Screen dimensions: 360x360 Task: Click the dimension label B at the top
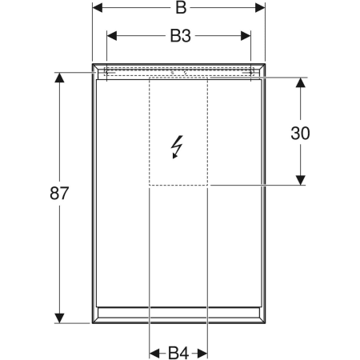tap(181, 9)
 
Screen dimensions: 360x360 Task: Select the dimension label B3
tap(180, 35)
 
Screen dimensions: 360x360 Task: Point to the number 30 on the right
tap(301, 133)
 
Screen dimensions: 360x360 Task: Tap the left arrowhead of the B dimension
tap(97, 8)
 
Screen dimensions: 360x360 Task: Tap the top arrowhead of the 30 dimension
tap(301, 82)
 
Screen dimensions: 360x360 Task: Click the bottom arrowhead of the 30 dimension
tap(301, 181)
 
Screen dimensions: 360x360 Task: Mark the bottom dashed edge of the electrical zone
tap(178, 186)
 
